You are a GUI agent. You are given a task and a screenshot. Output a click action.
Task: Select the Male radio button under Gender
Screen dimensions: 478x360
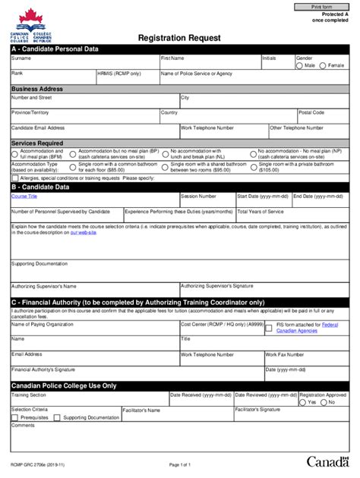point(299,65)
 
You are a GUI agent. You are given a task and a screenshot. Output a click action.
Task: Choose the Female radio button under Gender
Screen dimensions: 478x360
point(323,65)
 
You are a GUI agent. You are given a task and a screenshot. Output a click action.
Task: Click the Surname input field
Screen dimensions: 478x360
point(84,64)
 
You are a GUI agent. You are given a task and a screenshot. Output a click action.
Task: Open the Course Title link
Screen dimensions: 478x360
point(24,196)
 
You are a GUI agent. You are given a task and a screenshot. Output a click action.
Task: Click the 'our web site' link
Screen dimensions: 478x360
point(83,231)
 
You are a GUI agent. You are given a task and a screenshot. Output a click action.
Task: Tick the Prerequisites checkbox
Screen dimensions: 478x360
point(16,418)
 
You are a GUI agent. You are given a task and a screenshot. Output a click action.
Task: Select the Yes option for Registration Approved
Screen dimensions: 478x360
point(304,402)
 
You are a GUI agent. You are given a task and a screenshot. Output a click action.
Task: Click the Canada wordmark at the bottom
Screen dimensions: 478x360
point(327,461)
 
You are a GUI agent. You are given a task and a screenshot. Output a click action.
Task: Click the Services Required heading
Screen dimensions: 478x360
point(37,143)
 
